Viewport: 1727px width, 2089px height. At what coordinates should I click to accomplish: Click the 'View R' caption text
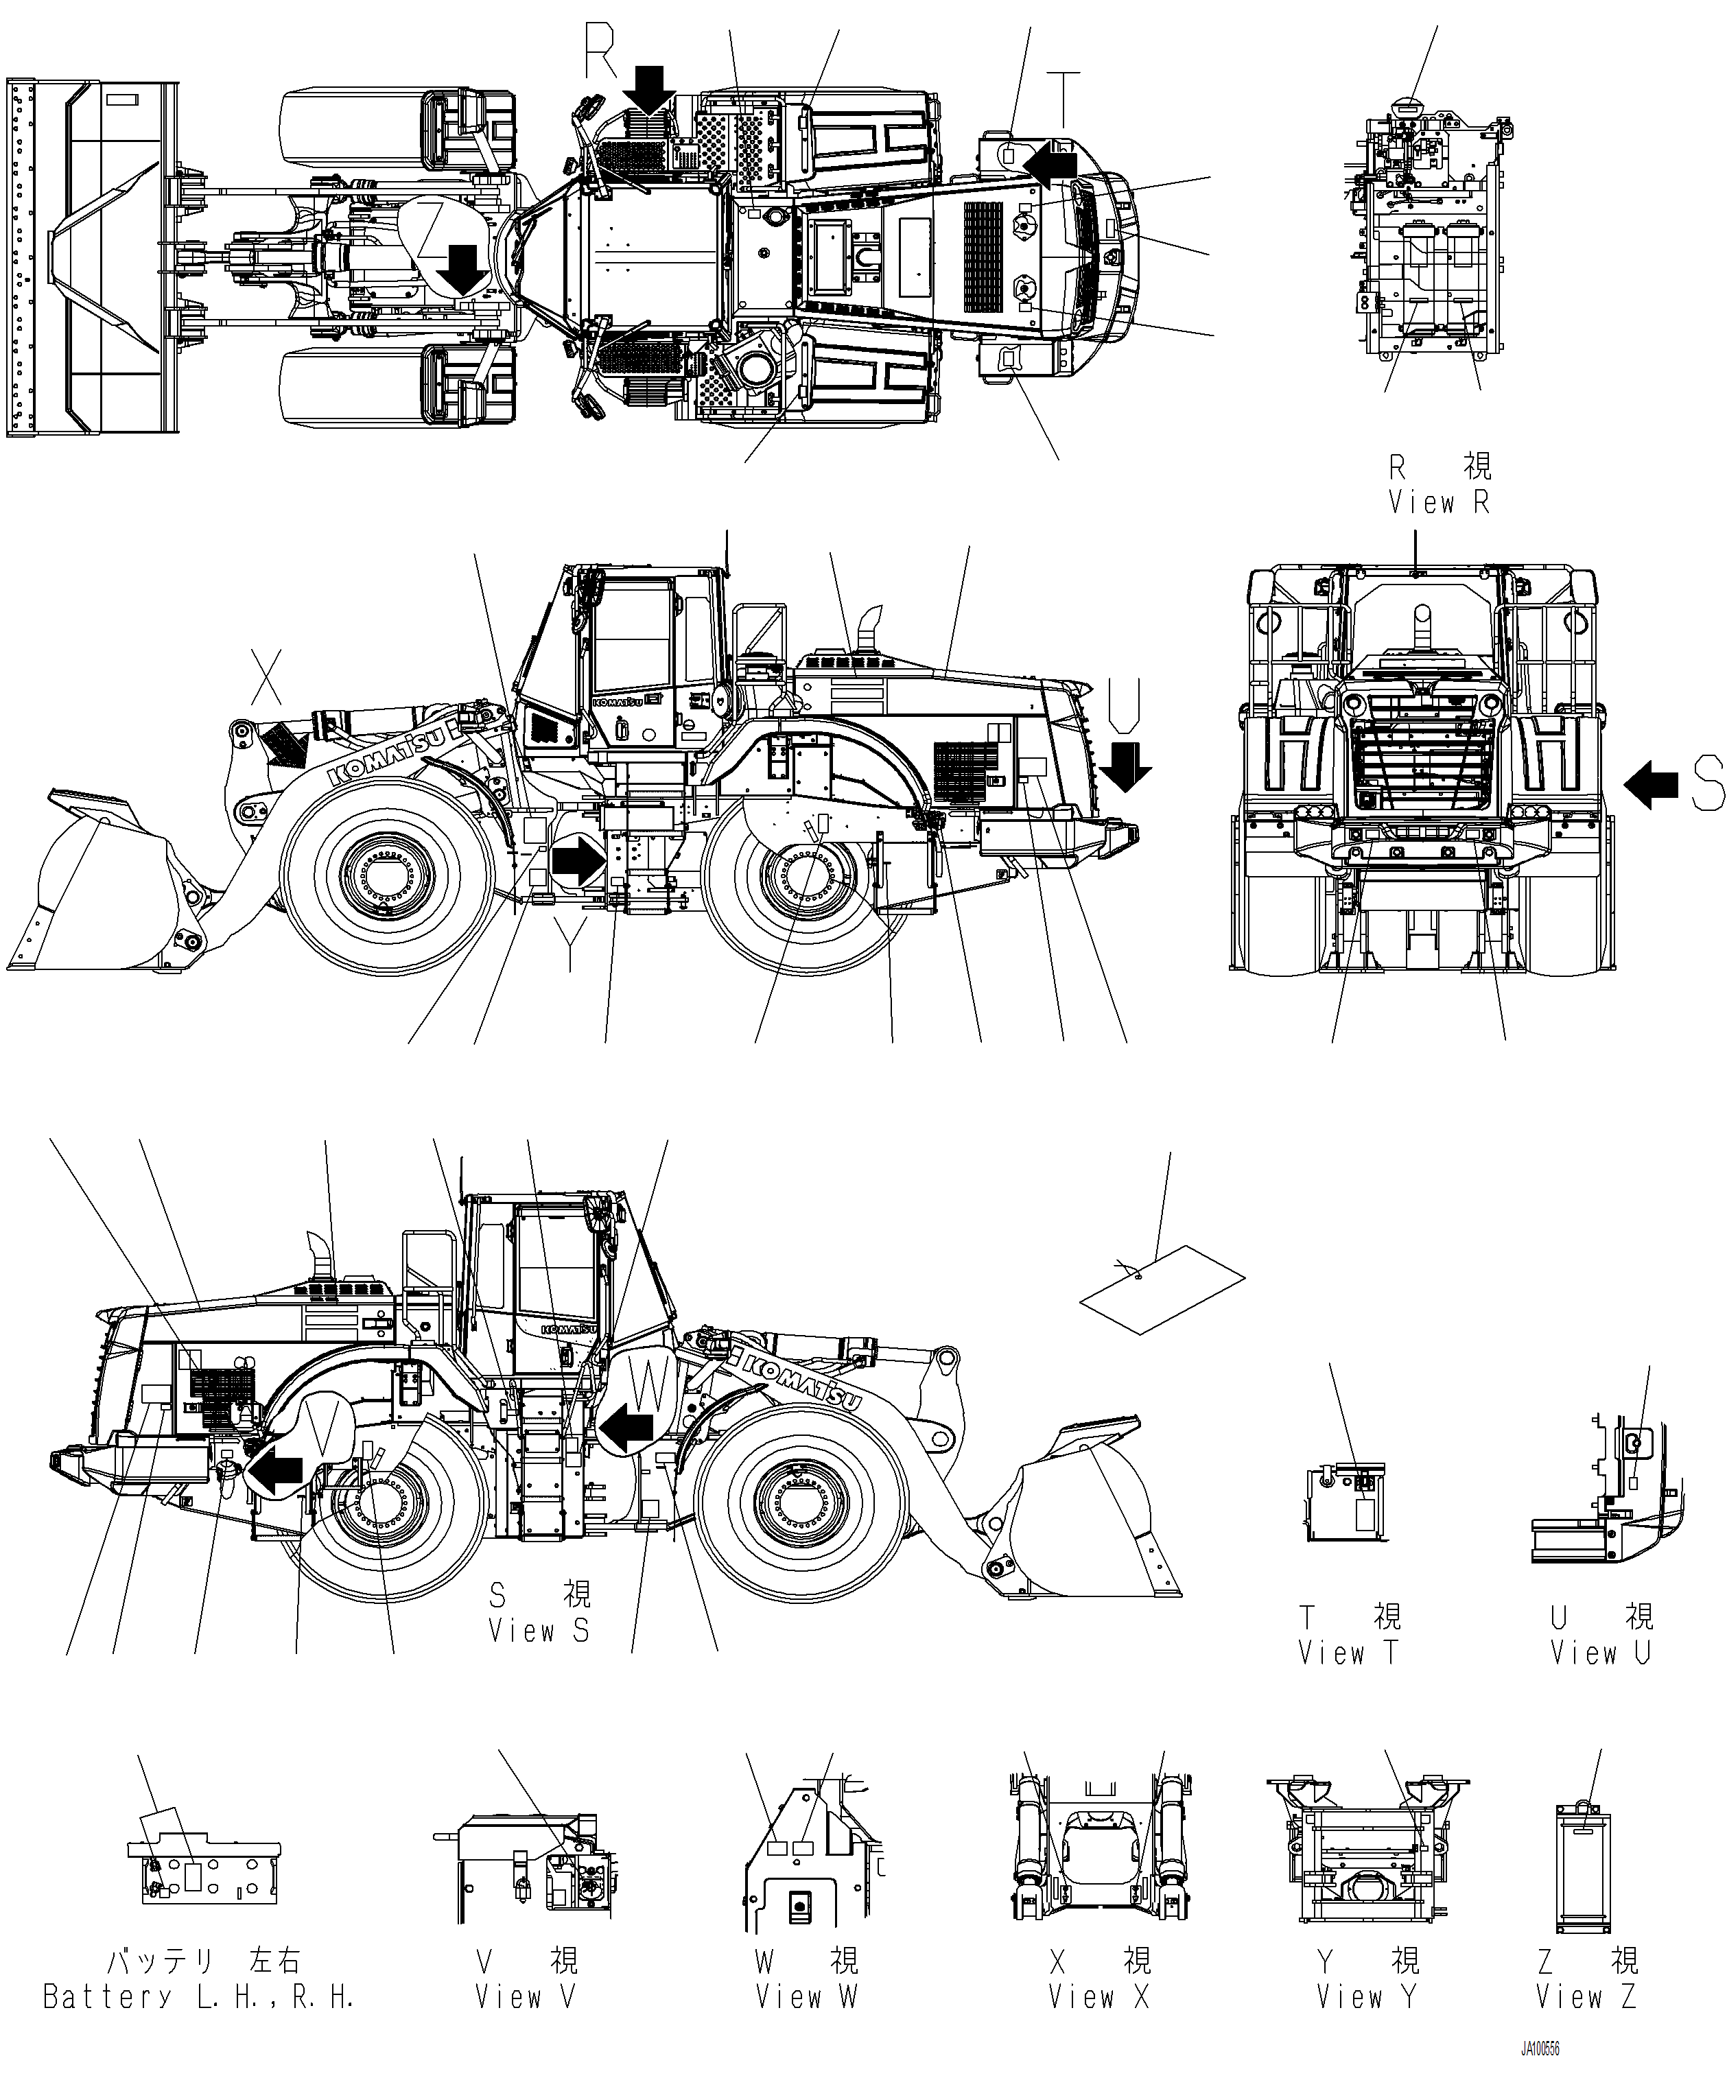1439,504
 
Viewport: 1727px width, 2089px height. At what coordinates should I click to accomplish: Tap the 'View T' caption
1348,1653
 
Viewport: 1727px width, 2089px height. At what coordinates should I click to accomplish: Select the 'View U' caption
1599,1653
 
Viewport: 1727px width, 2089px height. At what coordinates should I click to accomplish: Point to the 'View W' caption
806,1996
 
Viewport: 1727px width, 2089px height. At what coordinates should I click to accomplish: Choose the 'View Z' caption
1586,1996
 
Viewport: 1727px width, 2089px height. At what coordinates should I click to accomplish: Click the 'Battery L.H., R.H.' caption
199,1996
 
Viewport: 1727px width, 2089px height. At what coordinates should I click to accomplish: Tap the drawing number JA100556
1539,2050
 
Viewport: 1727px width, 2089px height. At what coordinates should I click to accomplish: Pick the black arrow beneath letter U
1125,765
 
